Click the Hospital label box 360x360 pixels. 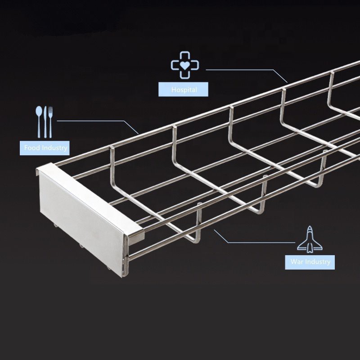tap(184, 90)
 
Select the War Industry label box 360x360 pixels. tap(310, 262)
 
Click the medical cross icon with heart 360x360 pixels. tap(184, 66)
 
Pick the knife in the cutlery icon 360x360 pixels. tap(45, 121)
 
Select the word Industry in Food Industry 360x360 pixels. tap(54, 148)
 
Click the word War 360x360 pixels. tap(296, 262)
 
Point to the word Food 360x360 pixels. tap(31, 148)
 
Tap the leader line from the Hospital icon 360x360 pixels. tap(243, 70)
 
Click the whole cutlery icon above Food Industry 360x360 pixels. tap(45, 121)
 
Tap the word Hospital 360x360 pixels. tap(184, 90)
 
